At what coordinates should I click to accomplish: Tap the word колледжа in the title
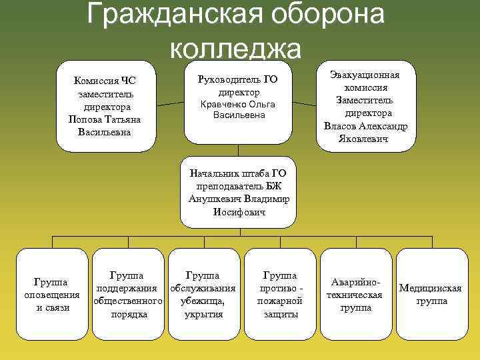pos(236,47)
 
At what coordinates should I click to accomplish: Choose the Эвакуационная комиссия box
pos(365,105)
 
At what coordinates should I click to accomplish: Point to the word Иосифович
pos(239,213)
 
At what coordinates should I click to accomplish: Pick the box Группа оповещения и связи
pos(52,293)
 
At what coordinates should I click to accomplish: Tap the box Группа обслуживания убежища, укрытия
pos(204,293)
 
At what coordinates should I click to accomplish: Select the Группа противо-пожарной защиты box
pos(281,293)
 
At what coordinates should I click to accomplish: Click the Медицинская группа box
pos(431,293)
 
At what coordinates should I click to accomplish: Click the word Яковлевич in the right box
pos(365,139)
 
